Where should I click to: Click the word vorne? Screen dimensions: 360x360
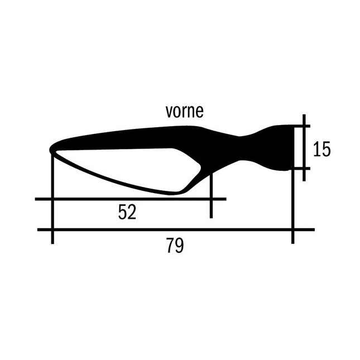click(x=184, y=112)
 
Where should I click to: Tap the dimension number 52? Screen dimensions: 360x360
click(x=127, y=212)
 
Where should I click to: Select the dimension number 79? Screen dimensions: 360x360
click(x=175, y=246)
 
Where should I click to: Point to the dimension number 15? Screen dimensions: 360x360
click(x=321, y=149)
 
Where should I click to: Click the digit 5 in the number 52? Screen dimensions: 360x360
click(x=123, y=212)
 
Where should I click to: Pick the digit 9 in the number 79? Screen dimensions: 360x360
click(x=180, y=246)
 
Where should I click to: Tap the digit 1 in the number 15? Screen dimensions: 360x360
click(x=317, y=149)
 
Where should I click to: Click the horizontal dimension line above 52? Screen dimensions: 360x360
click(x=131, y=199)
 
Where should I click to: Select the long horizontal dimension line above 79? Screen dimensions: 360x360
click(x=176, y=229)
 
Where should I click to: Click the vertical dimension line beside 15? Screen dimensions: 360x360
click(x=304, y=147)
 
